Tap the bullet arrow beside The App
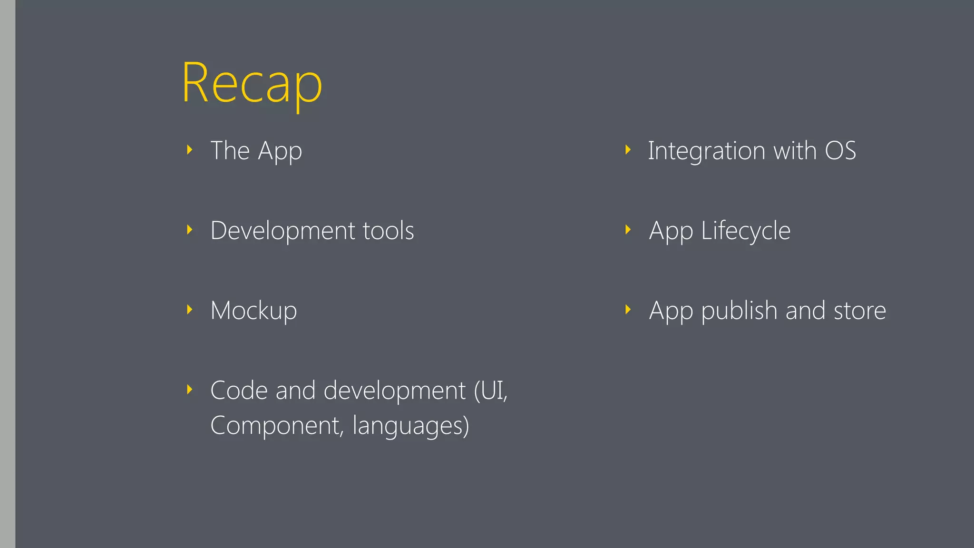[x=190, y=150]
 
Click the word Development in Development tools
[x=282, y=231]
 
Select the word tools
[x=388, y=231]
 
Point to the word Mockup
[x=253, y=311]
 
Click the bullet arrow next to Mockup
[x=190, y=310]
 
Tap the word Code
[x=239, y=391]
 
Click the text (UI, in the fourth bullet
[x=491, y=391]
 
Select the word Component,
[x=276, y=425]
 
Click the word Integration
[x=706, y=151]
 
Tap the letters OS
[x=840, y=151]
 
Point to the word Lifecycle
[x=746, y=232]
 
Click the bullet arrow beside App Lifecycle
[x=628, y=230]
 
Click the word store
[x=860, y=311]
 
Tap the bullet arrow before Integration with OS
[x=628, y=150]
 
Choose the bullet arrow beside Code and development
[x=190, y=390]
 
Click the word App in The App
[x=280, y=152]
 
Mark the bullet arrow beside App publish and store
[x=628, y=310]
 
